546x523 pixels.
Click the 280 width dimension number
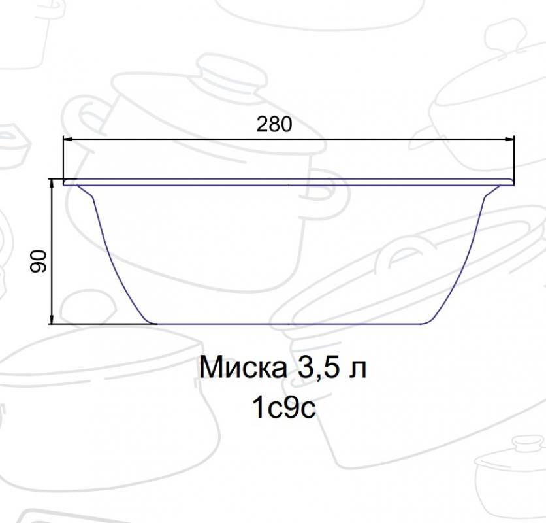pos(274,124)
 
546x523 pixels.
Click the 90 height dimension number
pos(38,261)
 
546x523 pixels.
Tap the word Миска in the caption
pos(244,367)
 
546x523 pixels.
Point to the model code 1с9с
pos(284,407)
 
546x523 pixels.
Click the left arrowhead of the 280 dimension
pos(67,139)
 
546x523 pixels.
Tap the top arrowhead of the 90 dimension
pos(52,184)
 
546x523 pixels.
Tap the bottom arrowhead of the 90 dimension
pos(52,319)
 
